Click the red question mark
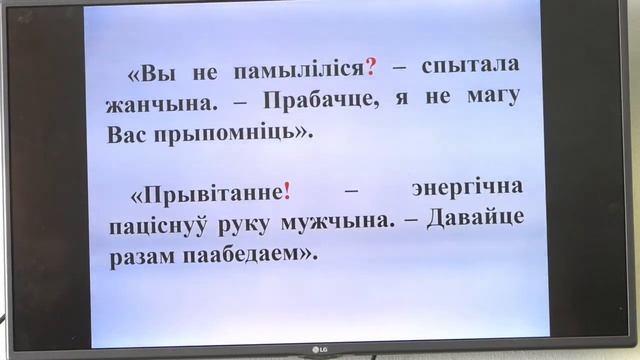371,67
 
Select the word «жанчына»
149,102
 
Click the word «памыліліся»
300,68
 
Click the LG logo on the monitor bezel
319,348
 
